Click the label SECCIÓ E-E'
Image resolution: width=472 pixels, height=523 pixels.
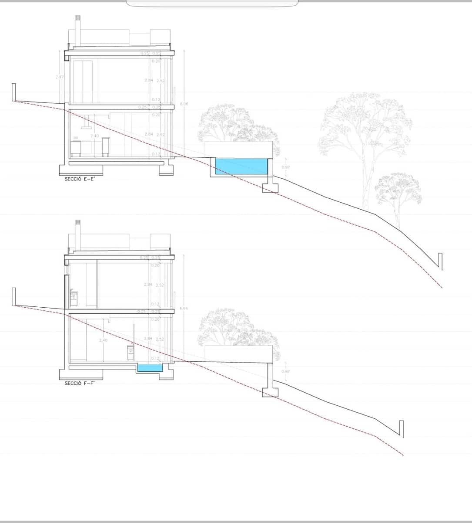pos(80,179)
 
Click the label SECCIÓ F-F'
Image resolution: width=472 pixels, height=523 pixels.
pos(80,384)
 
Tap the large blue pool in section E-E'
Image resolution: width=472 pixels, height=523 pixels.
pos(241,166)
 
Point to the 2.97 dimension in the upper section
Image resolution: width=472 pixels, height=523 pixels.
pos(60,77)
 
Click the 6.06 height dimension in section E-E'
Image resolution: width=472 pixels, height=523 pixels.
pos(184,104)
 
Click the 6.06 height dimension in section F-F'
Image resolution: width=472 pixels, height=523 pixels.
pos(184,308)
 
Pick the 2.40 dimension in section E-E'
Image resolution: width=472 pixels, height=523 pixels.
pos(94,136)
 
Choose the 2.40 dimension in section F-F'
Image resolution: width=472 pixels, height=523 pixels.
pos(103,340)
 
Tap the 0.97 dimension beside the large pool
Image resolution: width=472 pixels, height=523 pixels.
pos(285,167)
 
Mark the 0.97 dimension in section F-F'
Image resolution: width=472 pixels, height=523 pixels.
pos(285,371)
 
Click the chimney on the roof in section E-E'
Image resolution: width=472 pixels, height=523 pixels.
pos(78,31)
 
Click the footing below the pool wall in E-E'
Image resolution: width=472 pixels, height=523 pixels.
pos(270,187)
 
